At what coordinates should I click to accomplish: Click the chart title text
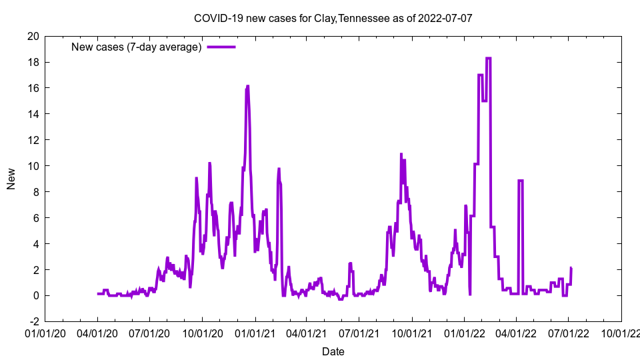click(x=333, y=18)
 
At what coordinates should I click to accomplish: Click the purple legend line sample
click(x=221, y=47)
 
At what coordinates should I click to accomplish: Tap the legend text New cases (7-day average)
click(x=136, y=47)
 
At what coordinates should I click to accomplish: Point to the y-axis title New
click(x=11, y=179)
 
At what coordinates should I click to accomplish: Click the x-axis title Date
click(x=333, y=351)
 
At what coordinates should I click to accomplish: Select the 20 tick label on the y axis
click(x=32, y=36)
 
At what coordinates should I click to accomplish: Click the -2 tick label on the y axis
click(x=32, y=322)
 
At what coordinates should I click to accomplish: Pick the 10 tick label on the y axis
click(x=32, y=166)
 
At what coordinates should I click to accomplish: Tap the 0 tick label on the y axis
click(x=35, y=296)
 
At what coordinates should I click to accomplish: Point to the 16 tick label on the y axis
click(x=32, y=88)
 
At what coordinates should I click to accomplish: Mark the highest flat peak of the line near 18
click(x=488, y=59)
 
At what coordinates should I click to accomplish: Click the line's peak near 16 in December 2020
click(x=247, y=86)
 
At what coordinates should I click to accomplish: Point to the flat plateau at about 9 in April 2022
click(x=520, y=180)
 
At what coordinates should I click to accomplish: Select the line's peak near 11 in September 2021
click(x=401, y=154)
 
